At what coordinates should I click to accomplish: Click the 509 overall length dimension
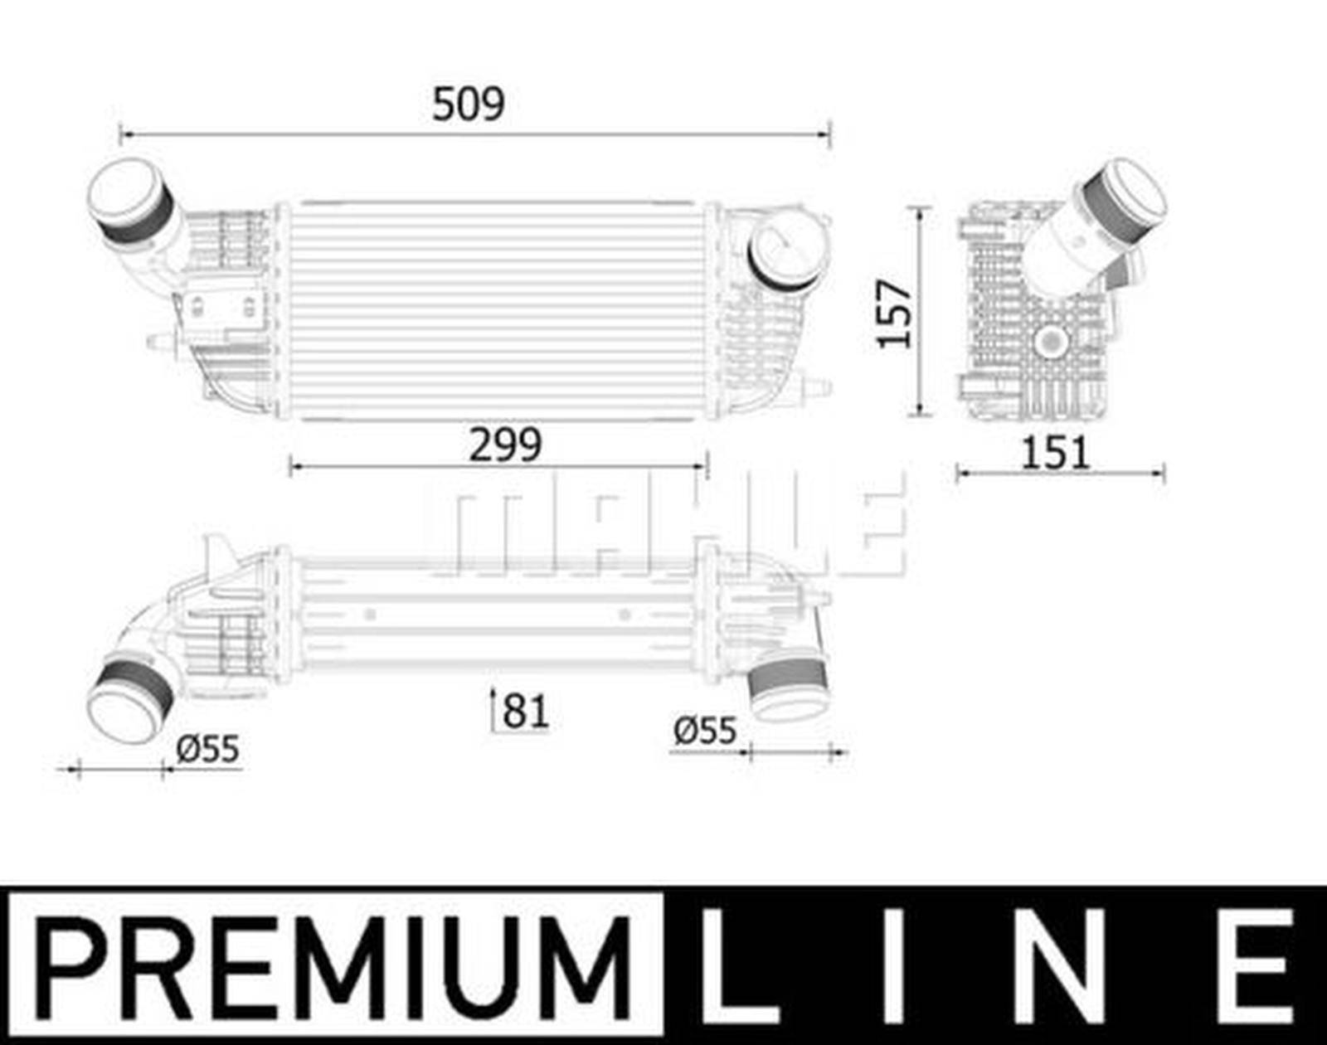468,104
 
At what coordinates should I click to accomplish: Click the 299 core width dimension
505,445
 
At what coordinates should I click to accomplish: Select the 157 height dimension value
896,313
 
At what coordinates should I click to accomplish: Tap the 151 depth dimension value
1053,454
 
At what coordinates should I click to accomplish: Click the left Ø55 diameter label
207,749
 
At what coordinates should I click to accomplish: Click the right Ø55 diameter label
705,731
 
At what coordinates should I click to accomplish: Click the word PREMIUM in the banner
332,966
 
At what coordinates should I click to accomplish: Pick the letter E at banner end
1261,966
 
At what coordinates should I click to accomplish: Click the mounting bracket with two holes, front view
222,309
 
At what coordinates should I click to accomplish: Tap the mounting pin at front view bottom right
817,386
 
